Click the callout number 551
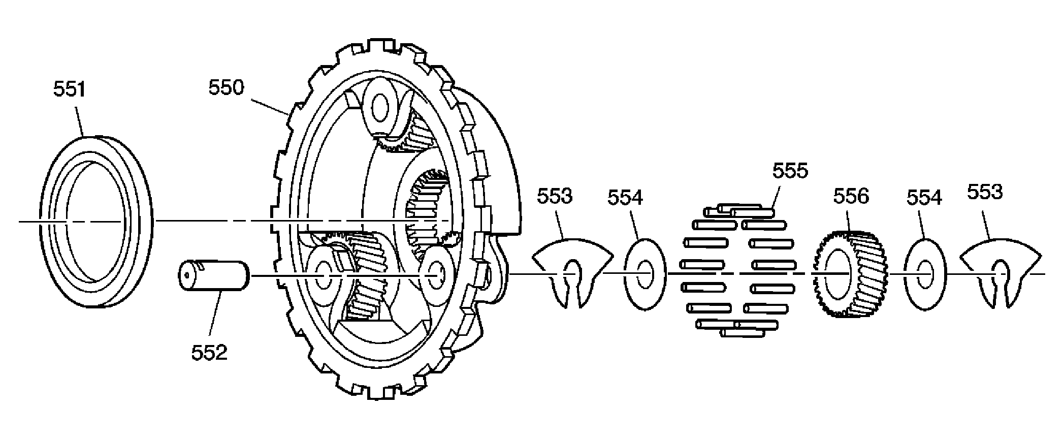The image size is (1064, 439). click(70, 90)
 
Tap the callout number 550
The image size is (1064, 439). click(226, 88)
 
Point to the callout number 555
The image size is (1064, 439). click(790, 171)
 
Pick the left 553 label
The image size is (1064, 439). click(555, 196)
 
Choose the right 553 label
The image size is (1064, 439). click(985, 192)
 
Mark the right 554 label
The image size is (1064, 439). click(924, 197)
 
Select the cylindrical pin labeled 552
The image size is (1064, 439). click(213, 276)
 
